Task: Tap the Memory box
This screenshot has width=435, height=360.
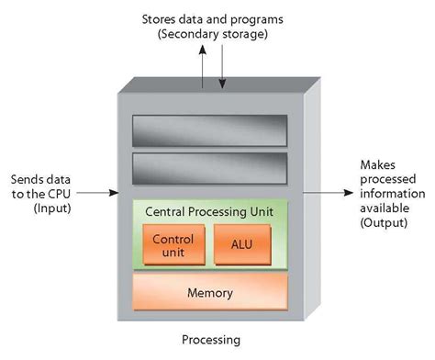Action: [209, 294]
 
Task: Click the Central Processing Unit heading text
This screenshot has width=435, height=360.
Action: [209, 210]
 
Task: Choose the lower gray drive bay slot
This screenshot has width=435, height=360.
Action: [209, 169]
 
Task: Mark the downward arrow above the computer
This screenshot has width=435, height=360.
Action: [221, 73]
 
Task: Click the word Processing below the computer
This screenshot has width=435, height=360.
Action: [210, 340]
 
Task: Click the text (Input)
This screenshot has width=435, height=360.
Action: [52, 208]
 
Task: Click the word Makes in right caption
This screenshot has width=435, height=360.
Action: [372, 164]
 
